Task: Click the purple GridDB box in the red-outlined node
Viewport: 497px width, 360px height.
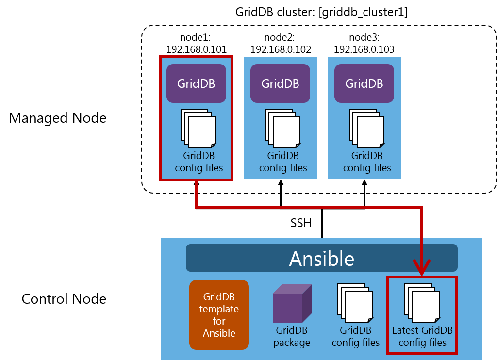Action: click(196, 83)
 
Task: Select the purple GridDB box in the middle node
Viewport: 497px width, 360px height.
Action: click(280, 83)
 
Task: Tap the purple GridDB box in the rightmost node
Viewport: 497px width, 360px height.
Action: click(364, 83)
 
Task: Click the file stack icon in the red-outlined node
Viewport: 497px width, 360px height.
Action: click(199, 129)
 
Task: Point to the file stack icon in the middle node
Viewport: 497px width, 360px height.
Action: click(282, 129)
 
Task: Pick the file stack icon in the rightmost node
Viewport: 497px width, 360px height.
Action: click(366, 129)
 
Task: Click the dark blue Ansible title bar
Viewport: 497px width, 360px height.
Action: click(321, 258)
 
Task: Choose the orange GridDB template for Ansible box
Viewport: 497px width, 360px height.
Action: click(219, 315)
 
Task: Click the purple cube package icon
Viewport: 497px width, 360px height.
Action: click(292, 304)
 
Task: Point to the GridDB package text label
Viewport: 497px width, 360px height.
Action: click(292, 336)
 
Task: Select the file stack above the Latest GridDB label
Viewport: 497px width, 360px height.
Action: click(422, 303)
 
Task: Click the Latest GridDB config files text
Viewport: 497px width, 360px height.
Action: click(422, 336)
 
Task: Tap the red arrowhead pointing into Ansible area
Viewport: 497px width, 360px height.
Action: click(422, 266)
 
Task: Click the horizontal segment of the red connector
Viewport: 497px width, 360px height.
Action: click(309, 207)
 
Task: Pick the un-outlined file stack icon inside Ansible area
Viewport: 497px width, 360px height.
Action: click(355, 303)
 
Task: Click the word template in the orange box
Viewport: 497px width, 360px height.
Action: click(219, 309)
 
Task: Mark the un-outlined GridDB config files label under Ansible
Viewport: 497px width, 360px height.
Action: click(355, 336)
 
